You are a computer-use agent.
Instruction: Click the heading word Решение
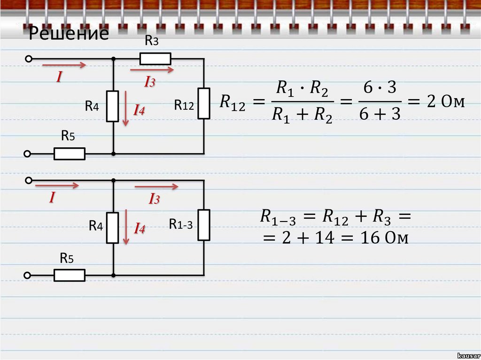point(69,34)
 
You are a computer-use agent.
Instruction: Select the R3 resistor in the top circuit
point(155,59)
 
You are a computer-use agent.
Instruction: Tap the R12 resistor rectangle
point(204,103)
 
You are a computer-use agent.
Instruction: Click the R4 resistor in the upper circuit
point(113,106)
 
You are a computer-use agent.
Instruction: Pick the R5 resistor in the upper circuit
point(70,153)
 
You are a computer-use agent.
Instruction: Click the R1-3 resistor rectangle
point(204,225)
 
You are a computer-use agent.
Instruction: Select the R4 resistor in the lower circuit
point(113,228)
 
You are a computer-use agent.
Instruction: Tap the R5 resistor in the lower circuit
point(70,275)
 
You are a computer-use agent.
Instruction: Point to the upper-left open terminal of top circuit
point(28,59)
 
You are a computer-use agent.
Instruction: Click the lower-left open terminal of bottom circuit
point(28,275)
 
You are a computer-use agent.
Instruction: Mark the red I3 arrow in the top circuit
point(152,70)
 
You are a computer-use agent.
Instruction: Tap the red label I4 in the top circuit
point(139,111)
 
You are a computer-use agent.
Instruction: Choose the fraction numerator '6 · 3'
point(380,88)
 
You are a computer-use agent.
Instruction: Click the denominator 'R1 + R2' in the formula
point(303,115)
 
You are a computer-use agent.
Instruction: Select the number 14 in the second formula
point(325,238)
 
